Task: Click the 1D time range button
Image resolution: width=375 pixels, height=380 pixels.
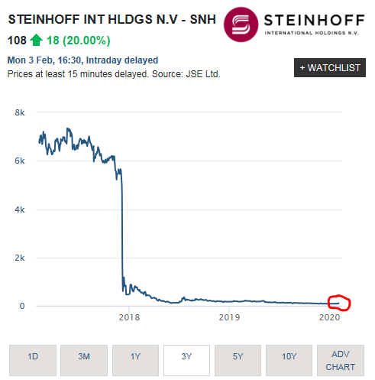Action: (33, 356)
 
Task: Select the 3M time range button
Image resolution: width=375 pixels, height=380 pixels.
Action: (84, 356)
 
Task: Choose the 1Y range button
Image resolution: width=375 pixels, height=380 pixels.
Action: (135, 356)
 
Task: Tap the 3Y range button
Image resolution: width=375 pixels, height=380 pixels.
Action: (186, 356)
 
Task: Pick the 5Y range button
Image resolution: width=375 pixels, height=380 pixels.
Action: (238, 356)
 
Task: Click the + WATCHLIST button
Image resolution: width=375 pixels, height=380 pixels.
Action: (329, 68)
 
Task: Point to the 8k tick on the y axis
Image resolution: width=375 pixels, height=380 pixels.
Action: (21, 113)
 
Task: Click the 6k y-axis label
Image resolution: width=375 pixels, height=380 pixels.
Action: (21, 161)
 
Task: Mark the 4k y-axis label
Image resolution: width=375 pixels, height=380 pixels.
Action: (21, 209)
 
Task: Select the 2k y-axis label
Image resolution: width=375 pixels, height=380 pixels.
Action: (21, 258)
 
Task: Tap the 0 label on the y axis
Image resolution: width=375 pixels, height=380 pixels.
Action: (23, 306)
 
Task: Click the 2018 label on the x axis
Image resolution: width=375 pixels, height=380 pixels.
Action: (130, 317)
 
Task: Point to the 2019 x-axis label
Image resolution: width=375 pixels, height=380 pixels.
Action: (230, 317)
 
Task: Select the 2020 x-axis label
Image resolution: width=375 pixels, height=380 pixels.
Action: (329, 317)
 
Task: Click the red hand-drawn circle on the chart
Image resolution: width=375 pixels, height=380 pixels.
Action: (338, 303)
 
